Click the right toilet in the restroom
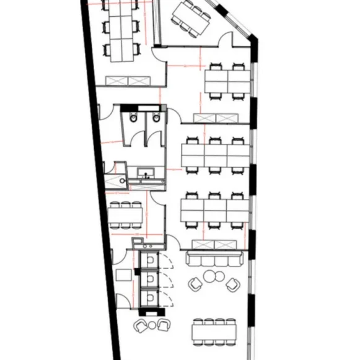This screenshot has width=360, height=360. (156, 118)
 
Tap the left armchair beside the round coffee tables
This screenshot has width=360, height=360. (196, 284)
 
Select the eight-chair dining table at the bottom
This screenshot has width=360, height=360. (214, 331)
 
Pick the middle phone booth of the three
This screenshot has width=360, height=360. (149, 279)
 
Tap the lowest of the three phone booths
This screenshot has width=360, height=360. (149, 299)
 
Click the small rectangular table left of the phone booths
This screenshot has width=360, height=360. (122, 276)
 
